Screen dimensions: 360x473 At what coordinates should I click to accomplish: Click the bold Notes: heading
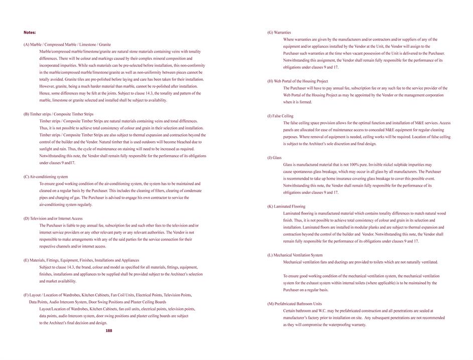tap(30, 32)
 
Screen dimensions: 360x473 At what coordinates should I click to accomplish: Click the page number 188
tap(109, 331)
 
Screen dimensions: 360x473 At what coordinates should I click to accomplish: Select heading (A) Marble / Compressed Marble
tap(67, 45)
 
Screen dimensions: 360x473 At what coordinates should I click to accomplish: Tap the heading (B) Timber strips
tap(58, 114)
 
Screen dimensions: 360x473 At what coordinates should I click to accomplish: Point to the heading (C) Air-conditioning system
tap(46, 177)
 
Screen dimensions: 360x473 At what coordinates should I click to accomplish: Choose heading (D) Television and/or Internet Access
tap(53, 218)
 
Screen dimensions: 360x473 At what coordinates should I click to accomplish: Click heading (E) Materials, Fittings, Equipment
tap(81, 260)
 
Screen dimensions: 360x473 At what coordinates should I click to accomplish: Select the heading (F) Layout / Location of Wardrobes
tap(107, 295)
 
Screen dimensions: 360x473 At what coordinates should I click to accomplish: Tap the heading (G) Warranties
tap(279, 33)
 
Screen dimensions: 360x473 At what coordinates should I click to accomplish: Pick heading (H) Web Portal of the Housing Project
tap(297, 81)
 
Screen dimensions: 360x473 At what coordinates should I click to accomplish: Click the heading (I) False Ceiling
tap(280, 116)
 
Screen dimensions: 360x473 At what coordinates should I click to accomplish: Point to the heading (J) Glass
tap(274, 158)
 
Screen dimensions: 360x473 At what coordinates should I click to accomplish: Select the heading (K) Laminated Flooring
tap(286, 206)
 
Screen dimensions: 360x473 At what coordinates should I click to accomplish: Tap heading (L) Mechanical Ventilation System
tap(295, 255)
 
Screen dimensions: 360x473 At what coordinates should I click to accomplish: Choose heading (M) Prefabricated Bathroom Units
tap(294, 304)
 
